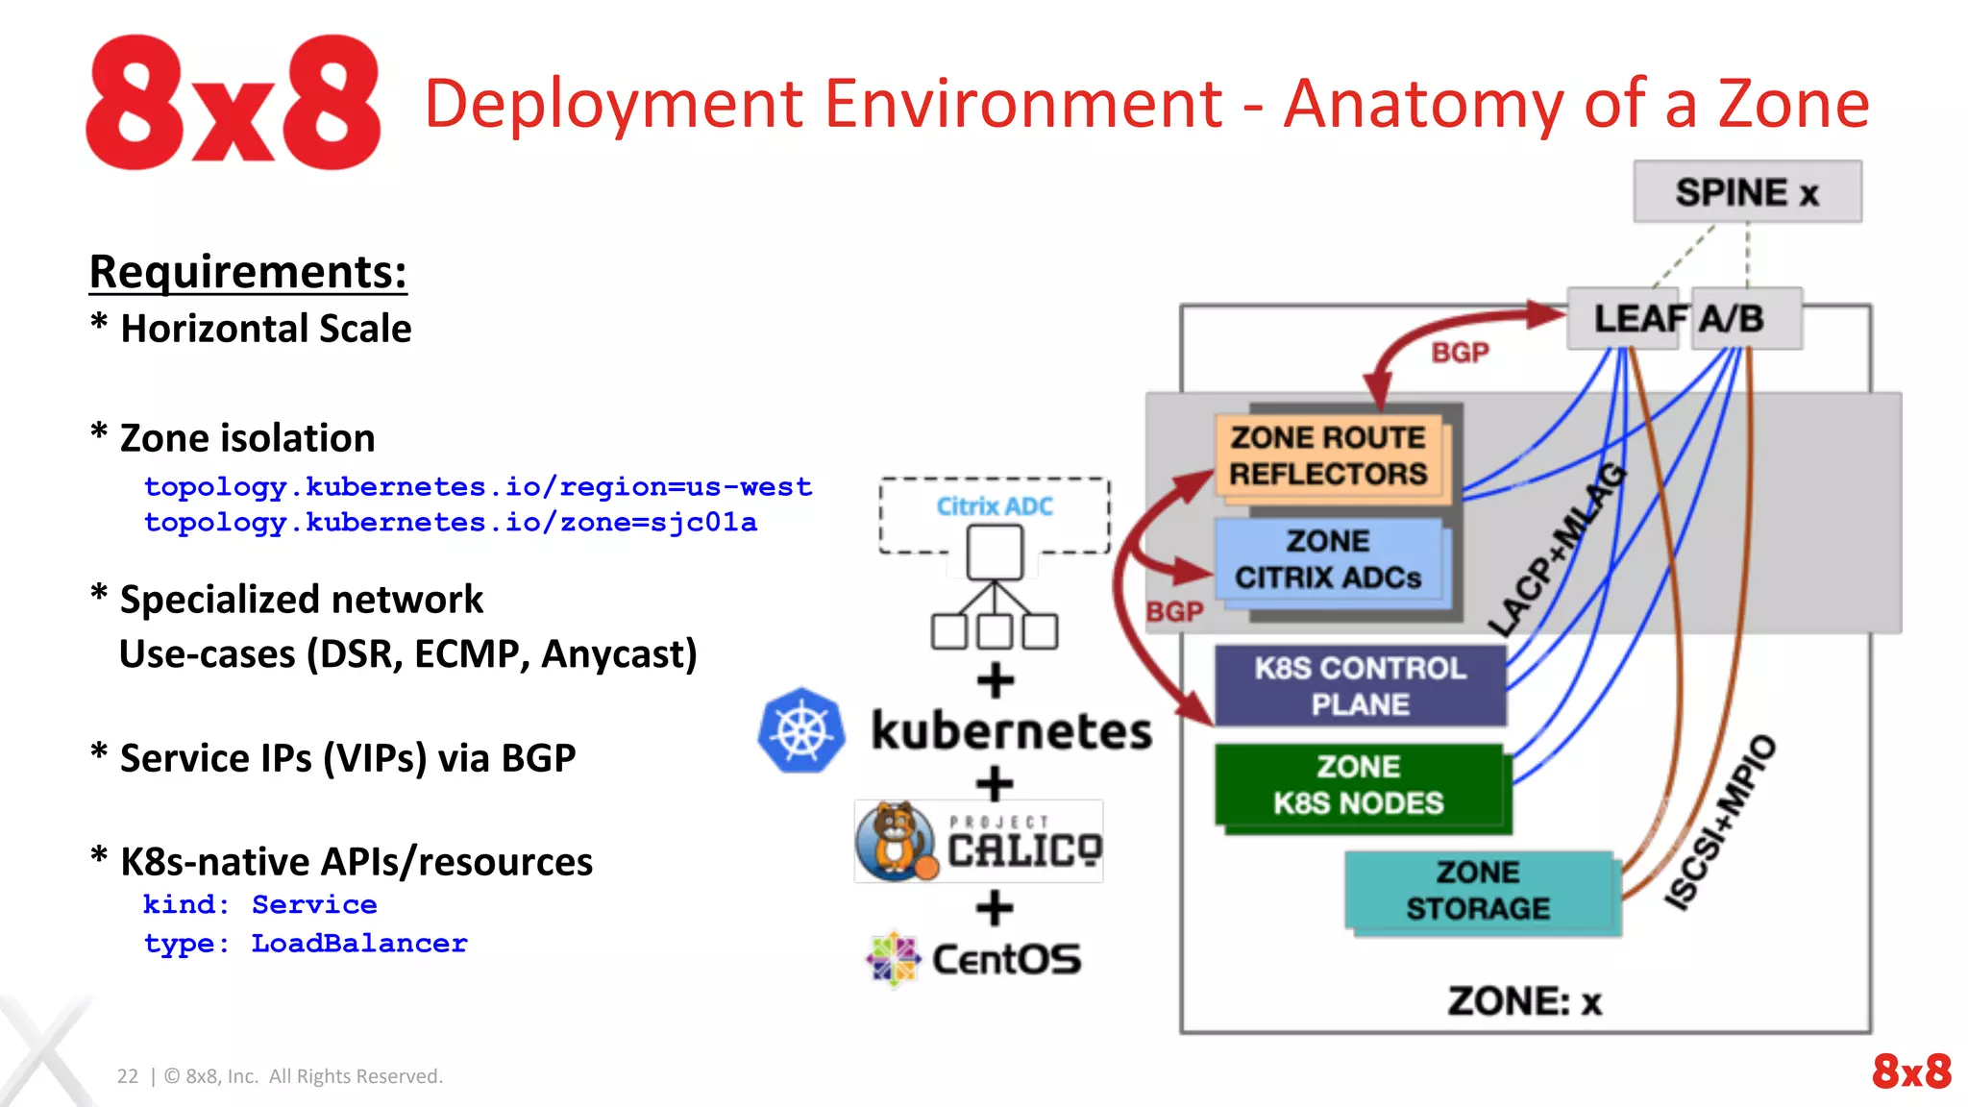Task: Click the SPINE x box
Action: click(1746, 192)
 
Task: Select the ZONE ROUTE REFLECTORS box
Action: click(1329, 455)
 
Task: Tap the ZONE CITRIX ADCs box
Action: click(1329, 559)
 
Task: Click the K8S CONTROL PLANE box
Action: click(1360, 686)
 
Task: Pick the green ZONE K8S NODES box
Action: click(1359, 785)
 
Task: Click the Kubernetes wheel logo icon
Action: click(801, 730)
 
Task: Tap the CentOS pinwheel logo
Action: click(893, 958)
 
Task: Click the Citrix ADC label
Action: click(995, 506)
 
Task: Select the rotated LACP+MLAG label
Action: click(1557, 550)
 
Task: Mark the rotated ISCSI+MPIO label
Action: click(1719, 822)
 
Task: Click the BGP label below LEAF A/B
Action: click(1460, 353)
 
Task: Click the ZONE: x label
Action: click(1524, 1001)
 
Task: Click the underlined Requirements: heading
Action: click(248, 272)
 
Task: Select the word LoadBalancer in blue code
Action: click(359, 944)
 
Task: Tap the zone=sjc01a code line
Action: click(450, 523)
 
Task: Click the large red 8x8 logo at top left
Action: click(233, 103)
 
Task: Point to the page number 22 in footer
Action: click(127, 1076)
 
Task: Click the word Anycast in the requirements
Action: click(618, 654)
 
